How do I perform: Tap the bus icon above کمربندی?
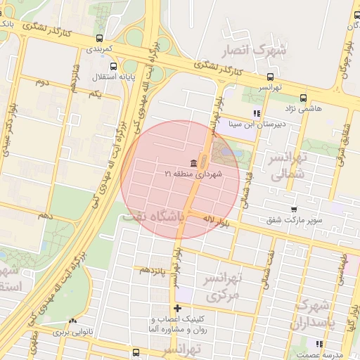99,39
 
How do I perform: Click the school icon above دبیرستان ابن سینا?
257,112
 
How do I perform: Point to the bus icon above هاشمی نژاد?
303,98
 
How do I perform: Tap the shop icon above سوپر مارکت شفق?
294,210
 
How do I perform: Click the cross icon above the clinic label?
177,308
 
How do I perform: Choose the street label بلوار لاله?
216,221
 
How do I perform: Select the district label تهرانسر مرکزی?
221,287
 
